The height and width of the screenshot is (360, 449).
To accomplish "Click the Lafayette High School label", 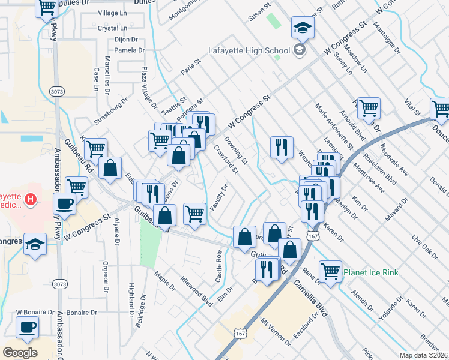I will point(253,50).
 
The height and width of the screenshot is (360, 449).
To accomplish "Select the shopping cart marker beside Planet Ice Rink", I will point(330,271).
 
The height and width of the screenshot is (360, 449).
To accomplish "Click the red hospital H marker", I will point(29,197).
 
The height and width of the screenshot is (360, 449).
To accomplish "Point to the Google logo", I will point(20,352).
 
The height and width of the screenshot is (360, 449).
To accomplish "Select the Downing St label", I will point(236,150).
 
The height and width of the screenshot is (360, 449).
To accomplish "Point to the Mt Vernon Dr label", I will point(276,332).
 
